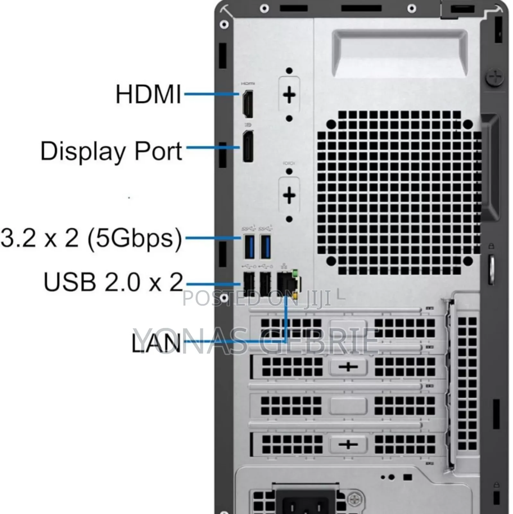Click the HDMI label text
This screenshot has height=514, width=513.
point(148,94)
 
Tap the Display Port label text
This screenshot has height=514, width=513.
point(111,151)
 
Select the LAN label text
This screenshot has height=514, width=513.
point(156,343)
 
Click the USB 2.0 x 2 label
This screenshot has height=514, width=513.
point(113,282)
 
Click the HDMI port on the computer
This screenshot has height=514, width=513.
point(248,104)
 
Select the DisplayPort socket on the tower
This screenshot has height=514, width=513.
point(248,146)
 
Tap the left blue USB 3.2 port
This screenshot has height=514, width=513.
point(249,247)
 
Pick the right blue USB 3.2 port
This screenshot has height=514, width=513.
point(265,247)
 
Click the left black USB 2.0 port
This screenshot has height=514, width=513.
point(248,284)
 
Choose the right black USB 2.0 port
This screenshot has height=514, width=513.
point(265,284)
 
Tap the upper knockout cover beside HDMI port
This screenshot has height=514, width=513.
point(289,95)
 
